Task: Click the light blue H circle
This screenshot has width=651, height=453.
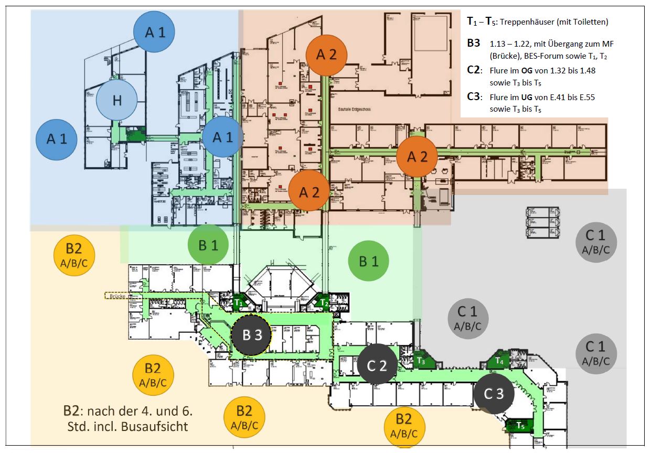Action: [x=116, y=100]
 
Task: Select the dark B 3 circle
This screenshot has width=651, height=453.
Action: [x=251, y=335]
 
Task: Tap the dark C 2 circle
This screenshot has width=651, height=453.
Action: [x=377, y=365]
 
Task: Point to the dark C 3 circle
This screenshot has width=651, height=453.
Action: [x=493, y=394]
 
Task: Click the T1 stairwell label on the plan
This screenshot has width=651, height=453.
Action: [x=239, y=303]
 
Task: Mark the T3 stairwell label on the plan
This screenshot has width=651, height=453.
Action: [x=421, y=361]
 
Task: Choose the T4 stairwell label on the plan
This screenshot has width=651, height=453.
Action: [x=499, y=361]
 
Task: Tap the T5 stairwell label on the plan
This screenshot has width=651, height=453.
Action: [x=520, y=425]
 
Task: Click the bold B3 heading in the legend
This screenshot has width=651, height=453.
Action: [x=474, y=43]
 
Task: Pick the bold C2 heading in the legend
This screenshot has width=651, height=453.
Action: [x=474, y=70]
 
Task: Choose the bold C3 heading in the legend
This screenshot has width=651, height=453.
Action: [x=474, y=97]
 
